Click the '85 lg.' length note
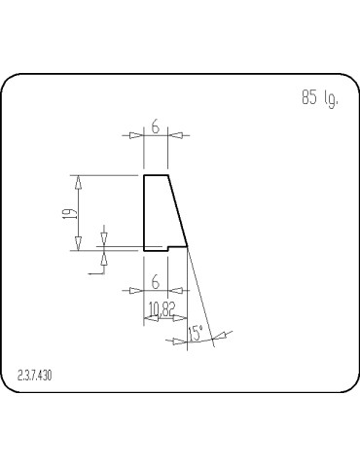[319, 98]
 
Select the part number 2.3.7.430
[36, 375]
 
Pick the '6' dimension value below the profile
[156, 281]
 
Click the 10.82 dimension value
[162, 308]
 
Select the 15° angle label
[197, 334]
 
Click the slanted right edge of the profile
[178, 210]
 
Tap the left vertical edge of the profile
[144, 212]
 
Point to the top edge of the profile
[156, 175]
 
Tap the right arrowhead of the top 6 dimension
[173, 135]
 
